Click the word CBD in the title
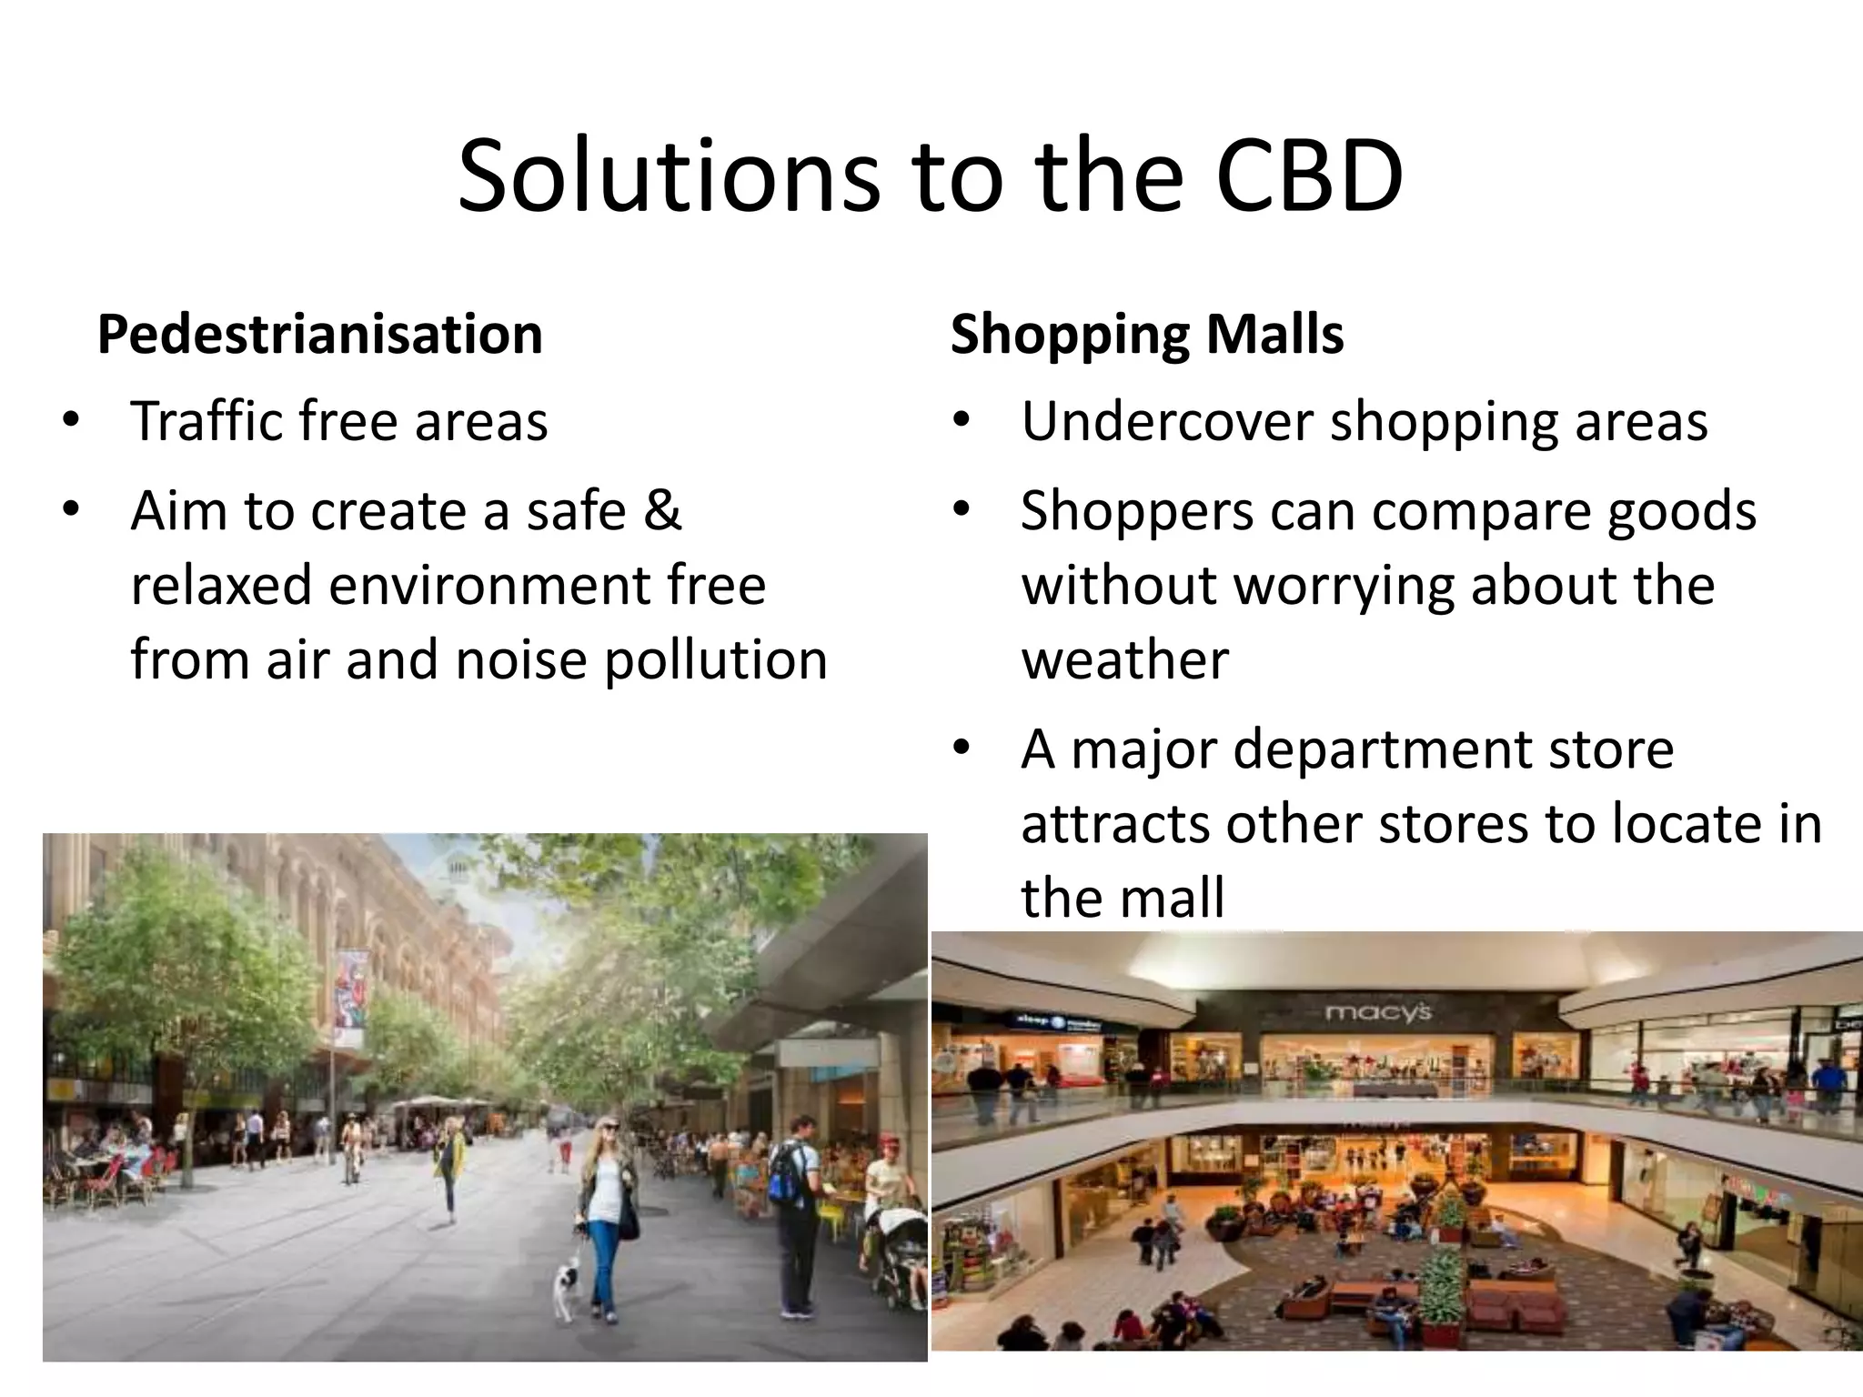[x=1309, y=176]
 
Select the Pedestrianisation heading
[x=320, y=334]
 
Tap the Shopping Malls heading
[x=1147, y=334]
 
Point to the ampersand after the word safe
[x=662, y=510]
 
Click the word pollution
[x=716, y=659]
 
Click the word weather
[x=1124, y=659]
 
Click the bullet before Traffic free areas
[x=71, y=421]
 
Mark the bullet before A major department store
[x=962, y=749]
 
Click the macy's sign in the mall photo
[x=1377, y=1011]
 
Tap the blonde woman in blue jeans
[x=606, y=1210]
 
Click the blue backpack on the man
[x=787, y=1173]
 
